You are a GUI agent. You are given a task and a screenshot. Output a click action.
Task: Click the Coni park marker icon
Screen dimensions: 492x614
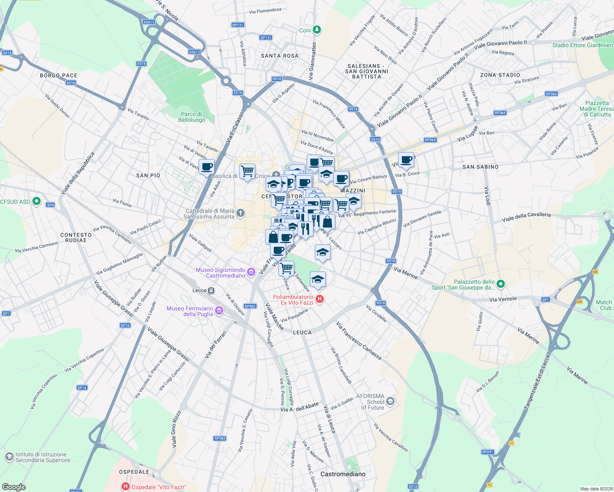pos(316,30)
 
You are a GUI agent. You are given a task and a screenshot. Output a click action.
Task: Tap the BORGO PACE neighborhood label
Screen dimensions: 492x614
pos(59,75)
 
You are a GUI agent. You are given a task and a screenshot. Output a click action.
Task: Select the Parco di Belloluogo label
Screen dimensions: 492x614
pos(192,117)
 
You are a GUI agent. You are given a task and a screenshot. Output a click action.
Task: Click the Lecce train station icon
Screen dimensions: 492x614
pos(211,290)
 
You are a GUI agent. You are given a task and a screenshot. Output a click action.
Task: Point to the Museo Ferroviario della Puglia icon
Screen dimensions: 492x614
pos(219,311)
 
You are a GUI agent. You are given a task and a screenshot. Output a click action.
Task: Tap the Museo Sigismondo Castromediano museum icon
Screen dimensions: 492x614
pos(251,272)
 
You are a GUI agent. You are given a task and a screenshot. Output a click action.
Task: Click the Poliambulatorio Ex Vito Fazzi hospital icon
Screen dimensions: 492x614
pos(320,300)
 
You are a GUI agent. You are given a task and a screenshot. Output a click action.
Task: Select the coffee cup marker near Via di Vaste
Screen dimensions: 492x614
pos(207,167)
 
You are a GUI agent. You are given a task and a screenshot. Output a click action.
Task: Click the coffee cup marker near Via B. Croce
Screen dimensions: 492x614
pos(406,160)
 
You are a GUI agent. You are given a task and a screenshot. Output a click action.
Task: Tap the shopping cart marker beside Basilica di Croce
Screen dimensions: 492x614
pos(247,171)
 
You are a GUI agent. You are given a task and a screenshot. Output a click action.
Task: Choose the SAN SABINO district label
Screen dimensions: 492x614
pos(480,167)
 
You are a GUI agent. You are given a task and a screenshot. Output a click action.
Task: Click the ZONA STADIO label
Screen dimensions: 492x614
pos(500,75)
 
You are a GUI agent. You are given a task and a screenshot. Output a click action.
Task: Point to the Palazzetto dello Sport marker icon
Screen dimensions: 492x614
pos(500,284)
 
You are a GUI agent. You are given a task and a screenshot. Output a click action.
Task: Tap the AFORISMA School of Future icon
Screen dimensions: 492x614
pos(390,401)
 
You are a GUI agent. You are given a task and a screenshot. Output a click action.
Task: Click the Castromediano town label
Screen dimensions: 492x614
pos(343,474)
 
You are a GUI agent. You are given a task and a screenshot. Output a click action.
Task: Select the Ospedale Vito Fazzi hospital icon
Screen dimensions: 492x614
pos(125,487)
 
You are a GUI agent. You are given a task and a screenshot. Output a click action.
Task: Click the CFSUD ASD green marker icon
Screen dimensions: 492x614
pos(37,201)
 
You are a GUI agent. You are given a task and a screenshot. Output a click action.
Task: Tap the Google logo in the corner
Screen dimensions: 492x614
pos(14,487)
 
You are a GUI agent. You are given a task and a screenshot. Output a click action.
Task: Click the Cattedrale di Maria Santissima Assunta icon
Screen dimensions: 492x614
pos(241,213)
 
